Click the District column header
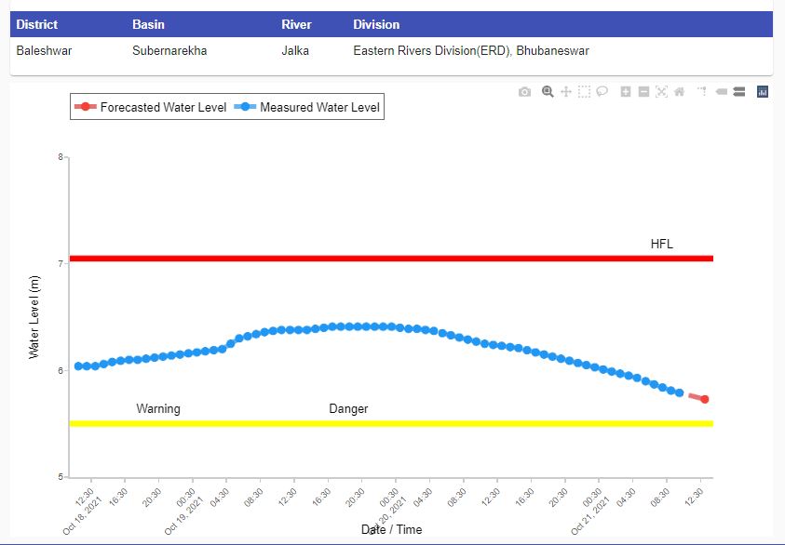[36, 24]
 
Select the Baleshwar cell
[44, 50]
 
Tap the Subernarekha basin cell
[169, 50]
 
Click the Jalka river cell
[295, 50]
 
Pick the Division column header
[376, 24]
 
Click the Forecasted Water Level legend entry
[151, 107]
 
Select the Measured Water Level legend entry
[307, 107]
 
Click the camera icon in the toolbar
[524, 92]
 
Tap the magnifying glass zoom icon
[548, 91]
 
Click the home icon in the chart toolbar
[680, 91]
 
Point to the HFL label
[662, 244]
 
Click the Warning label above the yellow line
[158, 409]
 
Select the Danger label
[348, 409]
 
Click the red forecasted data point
[704, 399]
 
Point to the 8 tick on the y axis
[61, 157]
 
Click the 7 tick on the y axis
[61, 263]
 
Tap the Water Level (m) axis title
[34, 317]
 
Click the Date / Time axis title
[391, 529]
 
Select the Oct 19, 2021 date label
[183, 515]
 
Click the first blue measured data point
[78, 366]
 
